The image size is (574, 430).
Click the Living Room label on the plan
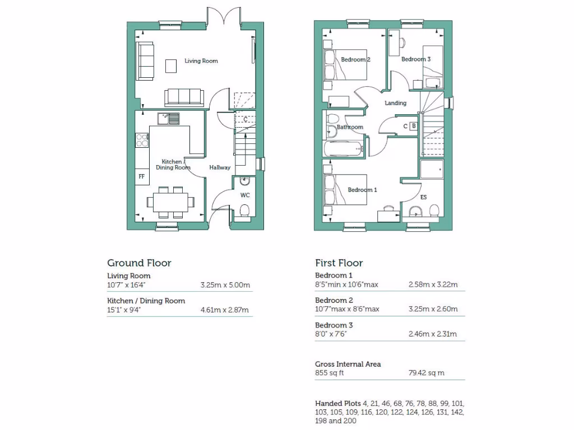coord(201,61)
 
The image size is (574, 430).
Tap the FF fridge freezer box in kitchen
coord(142,176)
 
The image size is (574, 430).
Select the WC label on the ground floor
coord(245,195)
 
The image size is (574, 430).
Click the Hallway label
coord(220,167)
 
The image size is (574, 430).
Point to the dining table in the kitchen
coord(170,200)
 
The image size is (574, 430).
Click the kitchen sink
coord(168,118)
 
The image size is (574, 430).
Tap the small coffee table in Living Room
coord(170,66)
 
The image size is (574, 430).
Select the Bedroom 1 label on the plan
coord(362,190)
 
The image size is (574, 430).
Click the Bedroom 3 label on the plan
coord(416,59)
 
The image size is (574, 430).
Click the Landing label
coord(395,103)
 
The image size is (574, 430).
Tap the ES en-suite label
coord(423,197)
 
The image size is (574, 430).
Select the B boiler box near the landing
coord(414,126)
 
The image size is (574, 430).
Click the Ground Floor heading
coord(139,263)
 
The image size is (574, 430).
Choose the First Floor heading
coord(339,263)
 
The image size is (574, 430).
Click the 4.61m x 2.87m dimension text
coord(225,310)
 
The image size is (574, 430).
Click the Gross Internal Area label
coord(348,364)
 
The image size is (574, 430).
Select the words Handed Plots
coord(337,404)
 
